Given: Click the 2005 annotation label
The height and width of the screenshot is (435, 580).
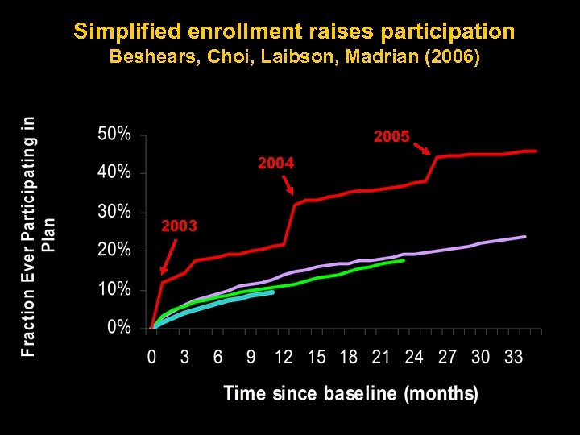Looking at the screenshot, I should coord(391,138).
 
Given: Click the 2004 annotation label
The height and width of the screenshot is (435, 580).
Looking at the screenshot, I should coord(275,164).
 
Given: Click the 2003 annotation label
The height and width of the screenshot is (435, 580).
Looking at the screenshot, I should coord(179,226).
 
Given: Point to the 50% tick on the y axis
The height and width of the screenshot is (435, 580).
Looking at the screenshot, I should coord(114,134).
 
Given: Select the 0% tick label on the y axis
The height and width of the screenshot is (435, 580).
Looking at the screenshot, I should coord(119,328).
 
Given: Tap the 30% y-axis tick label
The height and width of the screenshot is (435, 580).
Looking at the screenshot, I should coord(114,212).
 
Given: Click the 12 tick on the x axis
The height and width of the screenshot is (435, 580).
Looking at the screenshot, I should coord(284,357).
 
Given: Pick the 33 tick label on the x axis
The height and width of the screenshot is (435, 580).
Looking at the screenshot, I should coord(513,357).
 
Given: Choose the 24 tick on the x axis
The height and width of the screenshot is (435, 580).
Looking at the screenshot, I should coord(415,357).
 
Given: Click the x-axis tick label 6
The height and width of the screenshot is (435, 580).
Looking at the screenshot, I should coord(217,357).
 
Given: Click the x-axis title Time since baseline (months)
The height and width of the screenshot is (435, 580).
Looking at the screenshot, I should coord(350,394).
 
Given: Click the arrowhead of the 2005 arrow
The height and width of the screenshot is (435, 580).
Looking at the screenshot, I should coord(432,154).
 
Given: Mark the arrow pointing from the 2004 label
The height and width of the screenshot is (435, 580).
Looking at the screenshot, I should coord(287,184).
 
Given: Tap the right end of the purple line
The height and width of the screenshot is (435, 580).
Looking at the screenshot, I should coord(525,237).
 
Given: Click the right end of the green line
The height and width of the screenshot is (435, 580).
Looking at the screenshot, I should coord(404,260).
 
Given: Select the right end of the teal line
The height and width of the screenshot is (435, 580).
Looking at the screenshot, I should coord(273,292).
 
